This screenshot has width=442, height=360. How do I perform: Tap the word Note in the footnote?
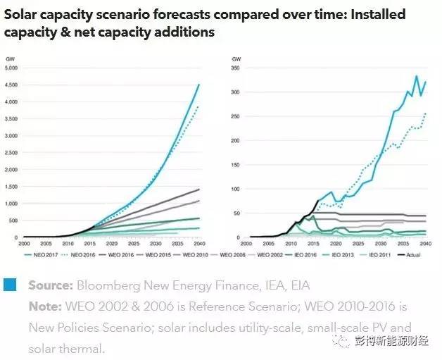pyautogui.click(x=43, y=307)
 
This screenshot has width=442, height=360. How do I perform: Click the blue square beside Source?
pyautogui.click(x=10, y=285)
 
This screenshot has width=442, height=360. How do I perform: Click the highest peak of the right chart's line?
pyautogui.click(x=416, y=76)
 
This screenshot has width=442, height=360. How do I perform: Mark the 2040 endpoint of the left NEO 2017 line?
pyautogui.click(x=199, y=85)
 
